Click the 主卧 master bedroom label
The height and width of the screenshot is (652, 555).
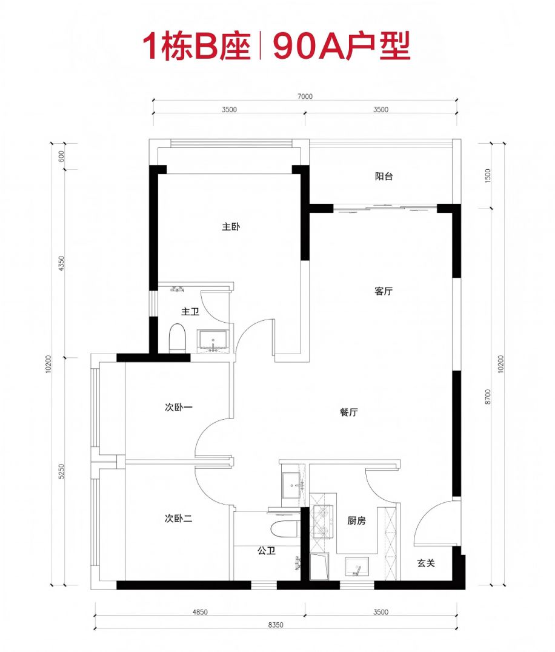[231, 227]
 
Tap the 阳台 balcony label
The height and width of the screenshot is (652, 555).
[384, 176]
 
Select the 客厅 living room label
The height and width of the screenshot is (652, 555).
[383, 291]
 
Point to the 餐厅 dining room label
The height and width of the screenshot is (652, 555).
[348, 412]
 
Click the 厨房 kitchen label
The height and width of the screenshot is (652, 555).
[356, 520]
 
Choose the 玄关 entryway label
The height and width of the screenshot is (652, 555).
[426, 563]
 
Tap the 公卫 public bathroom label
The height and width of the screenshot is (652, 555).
[266, 551]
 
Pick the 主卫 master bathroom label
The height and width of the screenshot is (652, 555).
[190, 312]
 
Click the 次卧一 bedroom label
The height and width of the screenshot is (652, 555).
[178, 407]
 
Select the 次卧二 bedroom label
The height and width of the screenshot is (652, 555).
[178, 519]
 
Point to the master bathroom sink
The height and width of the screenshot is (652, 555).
[213, 340]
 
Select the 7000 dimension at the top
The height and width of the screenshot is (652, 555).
[305, 96]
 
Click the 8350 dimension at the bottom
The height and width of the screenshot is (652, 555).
[276, 625]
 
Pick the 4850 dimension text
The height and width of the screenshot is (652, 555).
[200, 612]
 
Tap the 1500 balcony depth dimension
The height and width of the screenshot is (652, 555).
[488, 175]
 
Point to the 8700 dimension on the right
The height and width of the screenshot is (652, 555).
[488, 396]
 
